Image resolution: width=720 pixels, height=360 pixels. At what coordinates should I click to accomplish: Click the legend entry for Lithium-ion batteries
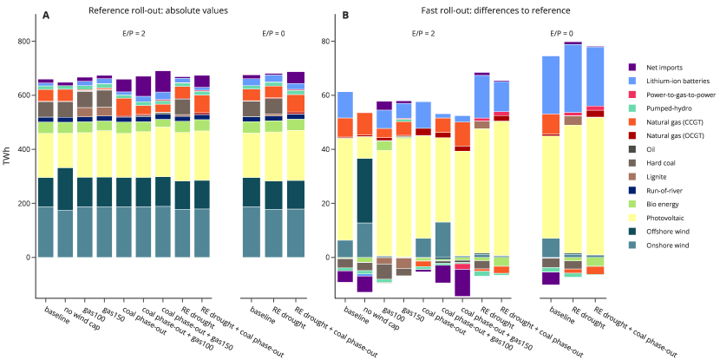(669, 81)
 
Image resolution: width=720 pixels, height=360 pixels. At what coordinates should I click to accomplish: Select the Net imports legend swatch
(634, 67)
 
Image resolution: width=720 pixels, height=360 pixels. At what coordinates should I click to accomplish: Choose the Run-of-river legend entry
(664, 191)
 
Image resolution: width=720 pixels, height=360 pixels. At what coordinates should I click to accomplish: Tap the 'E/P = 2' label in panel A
(138, 33)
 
